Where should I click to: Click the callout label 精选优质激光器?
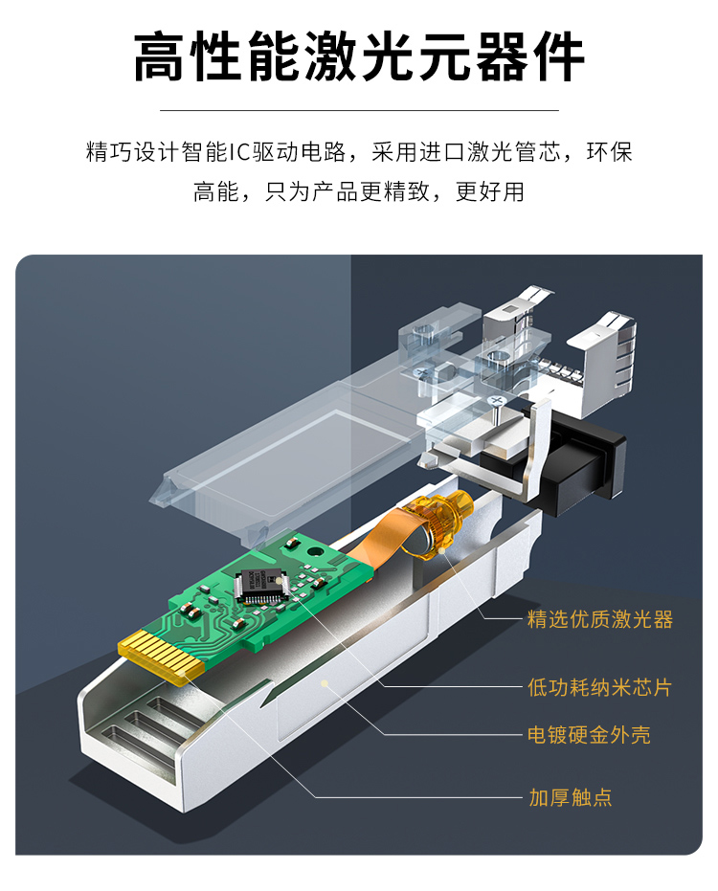[599, 619]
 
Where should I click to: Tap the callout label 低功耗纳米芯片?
[599, 687]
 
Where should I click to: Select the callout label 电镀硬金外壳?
[589, 734]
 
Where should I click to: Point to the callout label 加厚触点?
[571, 796]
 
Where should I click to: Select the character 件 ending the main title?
[558, 56]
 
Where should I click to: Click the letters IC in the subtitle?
[239, 152]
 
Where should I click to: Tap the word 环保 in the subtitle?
[610, 152]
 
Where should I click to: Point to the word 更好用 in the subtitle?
[490, 191]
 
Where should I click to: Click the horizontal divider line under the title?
[359, 110]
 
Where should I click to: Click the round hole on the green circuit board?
[313, 550]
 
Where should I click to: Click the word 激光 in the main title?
[359, 56]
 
